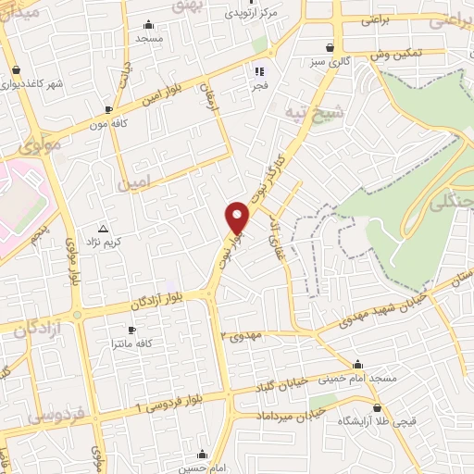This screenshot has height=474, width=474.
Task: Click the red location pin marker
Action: (x=238, y=217)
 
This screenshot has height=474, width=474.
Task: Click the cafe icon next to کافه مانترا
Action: (x=131, y=330)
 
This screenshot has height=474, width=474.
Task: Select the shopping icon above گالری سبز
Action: (x=331, y=47)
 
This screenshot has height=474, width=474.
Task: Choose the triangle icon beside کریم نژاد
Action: (x=103, y=228)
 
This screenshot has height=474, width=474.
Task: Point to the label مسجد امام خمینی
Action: (x=358, y=379)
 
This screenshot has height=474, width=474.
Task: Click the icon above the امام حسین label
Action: (x=202, y=454)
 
